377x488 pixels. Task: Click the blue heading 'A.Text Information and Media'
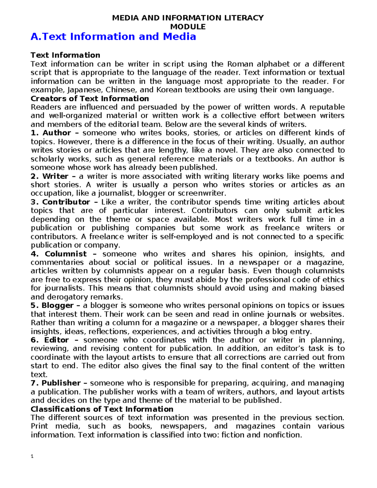(x=113, y=37)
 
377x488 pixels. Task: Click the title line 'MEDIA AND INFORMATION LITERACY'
(x=188, y=18)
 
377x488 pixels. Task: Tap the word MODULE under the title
(x=188, y=27)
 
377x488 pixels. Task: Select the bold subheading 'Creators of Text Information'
(x=90, y=98)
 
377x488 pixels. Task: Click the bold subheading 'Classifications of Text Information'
(x=102, y=409)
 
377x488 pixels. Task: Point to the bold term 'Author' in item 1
(x=57, y=133)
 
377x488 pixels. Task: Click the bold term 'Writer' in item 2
(x=55, y=176)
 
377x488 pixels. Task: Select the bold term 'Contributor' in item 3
(x=66, y=202)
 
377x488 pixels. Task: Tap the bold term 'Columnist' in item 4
(x=65, y=254)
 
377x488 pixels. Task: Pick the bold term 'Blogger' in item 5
(x=57, y=305)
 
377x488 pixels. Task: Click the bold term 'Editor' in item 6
(x=56, y=340)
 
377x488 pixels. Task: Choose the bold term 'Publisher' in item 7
(x=61, y=383)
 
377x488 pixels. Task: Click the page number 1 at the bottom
(x=32, y=456)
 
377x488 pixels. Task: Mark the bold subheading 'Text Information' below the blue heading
(x=65, y=55)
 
